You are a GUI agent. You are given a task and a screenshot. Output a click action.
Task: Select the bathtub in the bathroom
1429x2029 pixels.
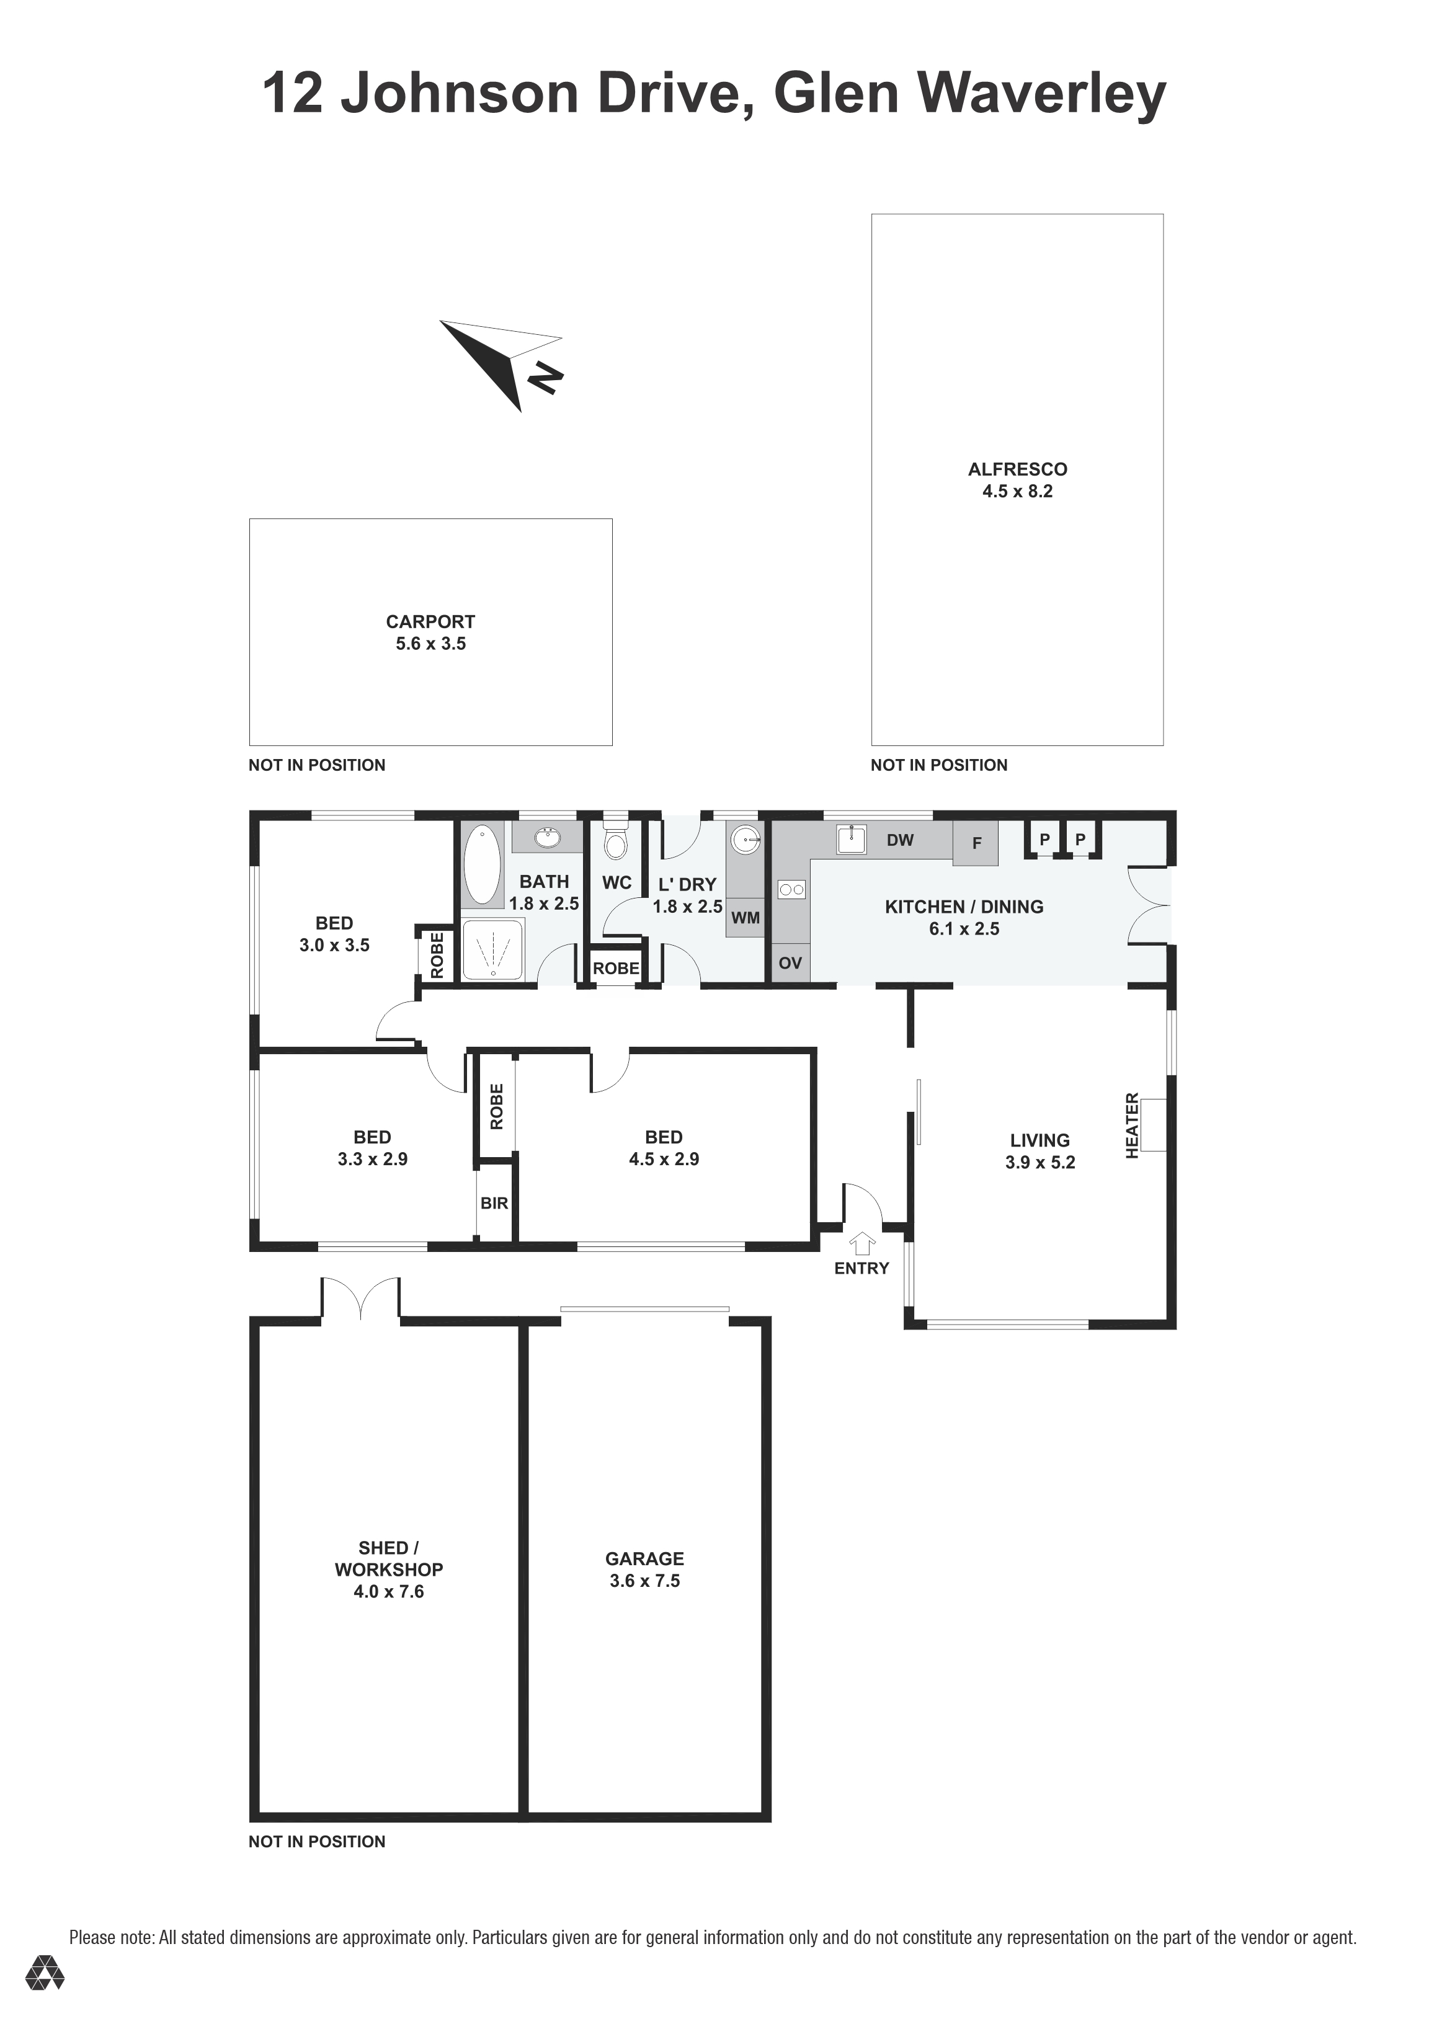click(x=482, y=864)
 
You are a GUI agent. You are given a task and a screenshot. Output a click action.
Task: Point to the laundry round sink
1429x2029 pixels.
click(x=746, y=838)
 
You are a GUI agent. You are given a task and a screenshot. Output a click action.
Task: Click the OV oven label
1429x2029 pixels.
click(x=790, y=962)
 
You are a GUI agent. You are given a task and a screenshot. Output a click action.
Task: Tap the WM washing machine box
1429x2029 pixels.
click(x=746, y=918)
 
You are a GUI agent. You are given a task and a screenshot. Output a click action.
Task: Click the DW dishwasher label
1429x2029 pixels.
click(x=900, y=840)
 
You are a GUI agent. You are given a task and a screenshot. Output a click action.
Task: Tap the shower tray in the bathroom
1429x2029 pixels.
click(x=493, y=950)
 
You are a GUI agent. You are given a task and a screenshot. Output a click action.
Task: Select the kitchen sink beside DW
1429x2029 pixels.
click(x=851, y=840)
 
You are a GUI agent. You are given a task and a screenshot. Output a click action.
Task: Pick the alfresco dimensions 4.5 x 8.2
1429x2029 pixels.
click(x=1017, y=491)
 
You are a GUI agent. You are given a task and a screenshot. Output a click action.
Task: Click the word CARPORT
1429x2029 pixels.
click(x=430, y=621)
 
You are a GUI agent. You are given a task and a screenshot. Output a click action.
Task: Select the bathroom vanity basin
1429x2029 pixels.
click(x=548, y=836)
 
